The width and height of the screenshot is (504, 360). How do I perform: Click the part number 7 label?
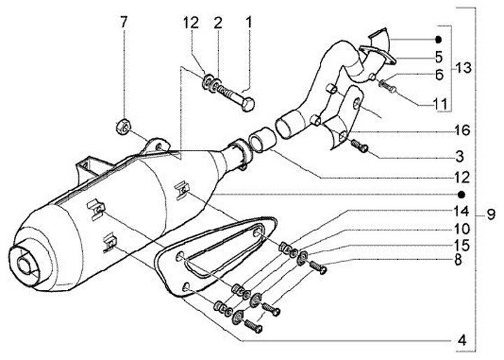click(x=124, y=22)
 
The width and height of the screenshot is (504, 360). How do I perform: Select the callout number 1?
click(x=248, y=22)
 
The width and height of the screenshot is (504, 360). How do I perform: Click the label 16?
click(x=461, y=131)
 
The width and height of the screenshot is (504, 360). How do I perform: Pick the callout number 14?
click(x=459, y=210)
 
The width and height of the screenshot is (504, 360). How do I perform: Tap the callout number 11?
click(x=440, y=104)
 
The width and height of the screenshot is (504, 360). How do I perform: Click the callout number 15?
click(x=459, y=244)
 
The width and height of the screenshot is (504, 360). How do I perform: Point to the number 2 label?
click(x=218, y=22)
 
